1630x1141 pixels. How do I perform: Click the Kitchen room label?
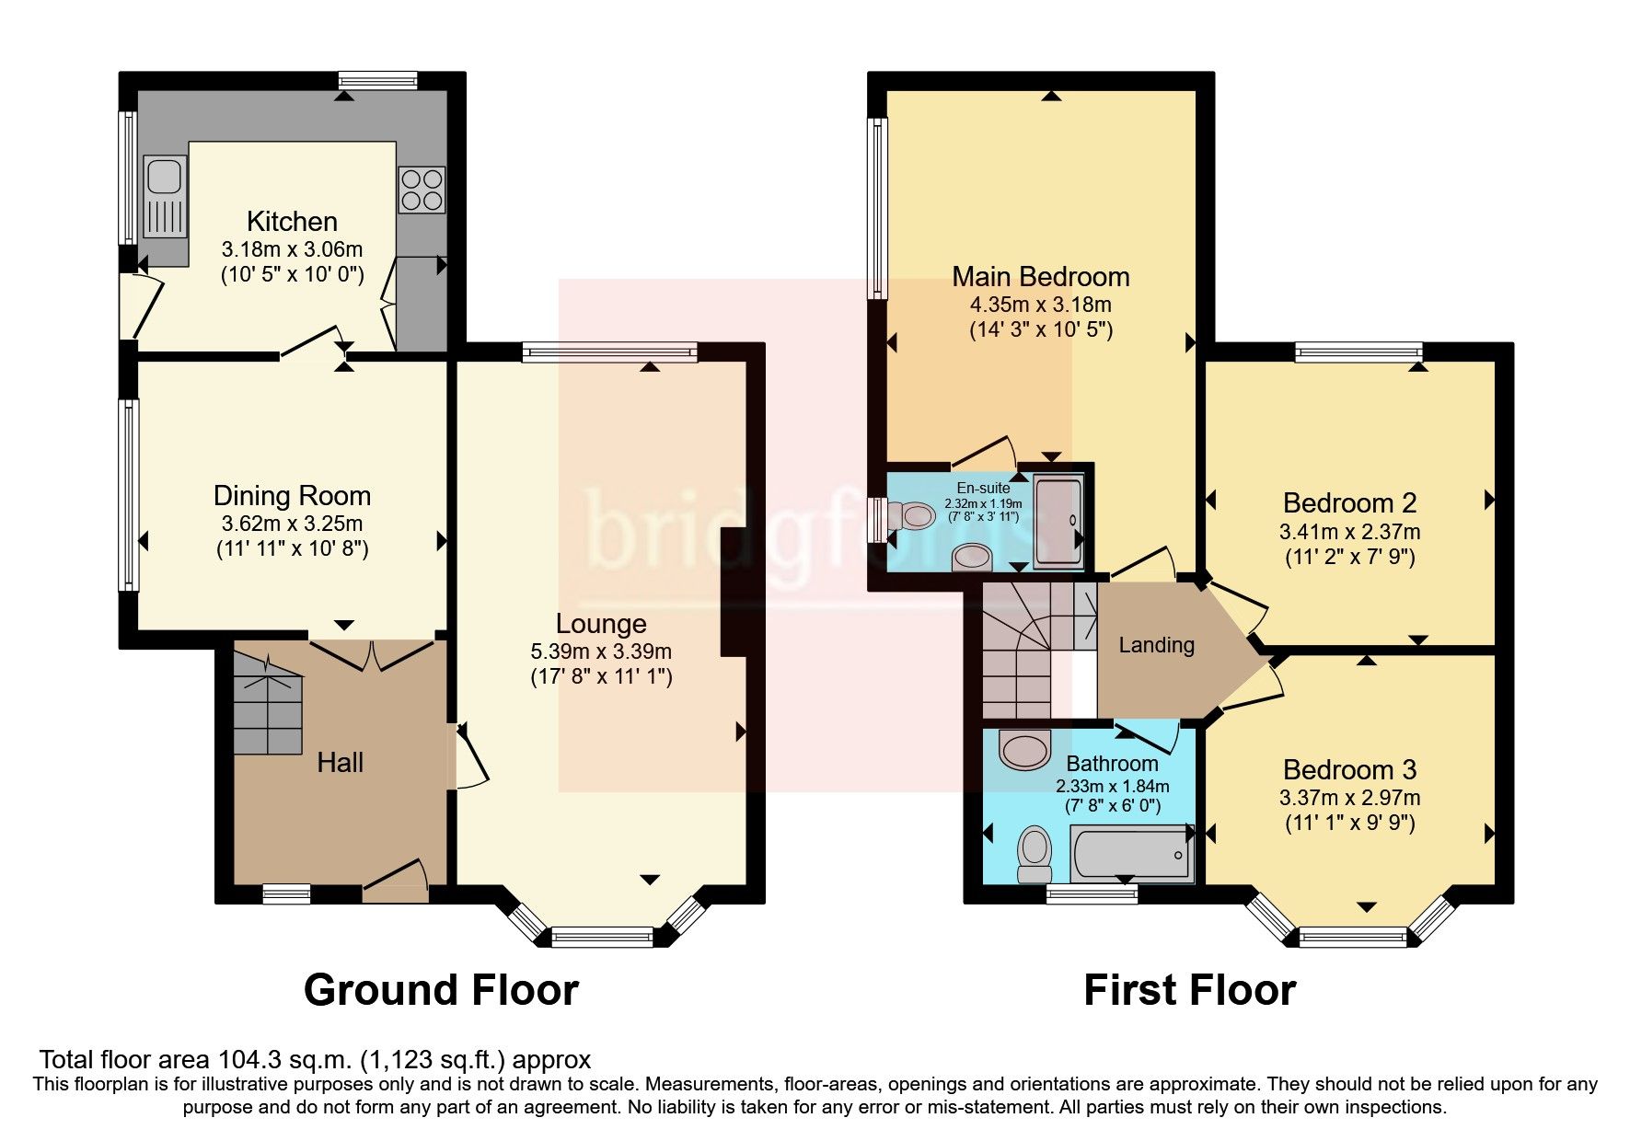pyautogui.click(x=292, y=221)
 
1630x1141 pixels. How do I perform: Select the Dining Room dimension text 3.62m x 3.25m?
pyautogui.click(x=292, y=524)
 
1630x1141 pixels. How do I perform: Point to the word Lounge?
pyautogui.click(x=601, y=624)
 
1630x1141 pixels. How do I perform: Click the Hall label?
pyautogui.click(x=340, y=762)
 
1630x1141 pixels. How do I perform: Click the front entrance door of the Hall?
pyautogui.click(x=397, y=878)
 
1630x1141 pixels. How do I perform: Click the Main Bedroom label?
pyautogui.click(x=1040, y=276)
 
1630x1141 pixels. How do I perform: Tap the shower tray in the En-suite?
pyautogui.click(x=1058, y=520)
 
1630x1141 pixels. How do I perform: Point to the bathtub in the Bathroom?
pyautogui.click(x=1130, y=853)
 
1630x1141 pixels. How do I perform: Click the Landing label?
pyautogui.click(x=1156, y=645)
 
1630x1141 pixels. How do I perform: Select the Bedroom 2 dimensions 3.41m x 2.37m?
pyautogui.click(x=1349, y=531)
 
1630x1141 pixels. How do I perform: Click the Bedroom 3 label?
pyautogui.click(x=1349, y=769)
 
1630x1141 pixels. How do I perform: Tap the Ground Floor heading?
pyautogui.click(x=441, y=990)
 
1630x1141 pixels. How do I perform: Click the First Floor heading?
pyautogui.click(x=1189, y=990)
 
